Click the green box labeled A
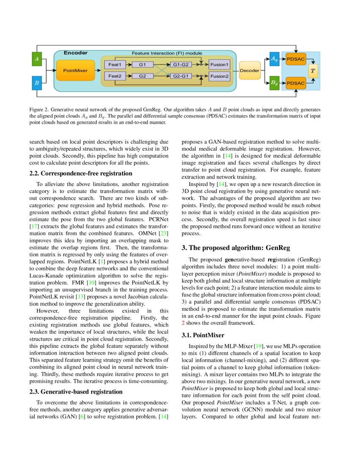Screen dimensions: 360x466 click(37, 59)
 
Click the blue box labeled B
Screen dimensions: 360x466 click(37, 83)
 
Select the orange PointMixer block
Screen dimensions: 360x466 click(72, 70)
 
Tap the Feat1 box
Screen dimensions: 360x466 click(115, 64)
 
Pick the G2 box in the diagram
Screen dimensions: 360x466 click(142, 76)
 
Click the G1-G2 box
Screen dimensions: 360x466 click(180, 64)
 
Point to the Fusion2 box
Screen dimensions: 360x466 click(219, 76)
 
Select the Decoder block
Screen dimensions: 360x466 click(249, 70)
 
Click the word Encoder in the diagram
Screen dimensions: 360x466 click(75, 53)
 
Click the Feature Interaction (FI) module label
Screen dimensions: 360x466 click(167, 53)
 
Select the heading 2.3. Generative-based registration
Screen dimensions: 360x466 click(76, 391)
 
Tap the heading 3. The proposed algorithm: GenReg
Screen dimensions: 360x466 click(236, 247)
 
